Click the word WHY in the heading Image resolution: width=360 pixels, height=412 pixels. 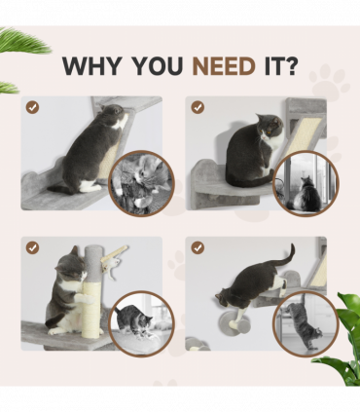pos(92,66)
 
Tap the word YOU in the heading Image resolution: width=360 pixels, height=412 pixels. pos(157,66)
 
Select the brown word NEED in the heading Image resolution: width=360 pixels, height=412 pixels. pos(224,66)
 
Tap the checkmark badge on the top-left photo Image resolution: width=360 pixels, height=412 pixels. pos(32,107)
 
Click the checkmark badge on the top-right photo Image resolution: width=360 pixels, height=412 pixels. pos(198,107)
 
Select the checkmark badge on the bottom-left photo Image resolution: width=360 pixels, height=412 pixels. pos(32,247)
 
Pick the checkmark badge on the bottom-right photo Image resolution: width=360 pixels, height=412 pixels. pos(198,247)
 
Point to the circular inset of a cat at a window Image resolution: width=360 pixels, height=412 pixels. pos(306,183)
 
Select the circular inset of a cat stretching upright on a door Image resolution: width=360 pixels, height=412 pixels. pos(306,323)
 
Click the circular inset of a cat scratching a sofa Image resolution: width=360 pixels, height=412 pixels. pos(141,323)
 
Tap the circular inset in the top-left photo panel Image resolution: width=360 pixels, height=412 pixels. pos(141,183)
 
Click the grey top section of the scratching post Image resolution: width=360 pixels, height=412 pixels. pos(91,262)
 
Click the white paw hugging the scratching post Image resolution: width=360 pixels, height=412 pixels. pos(86,298)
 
